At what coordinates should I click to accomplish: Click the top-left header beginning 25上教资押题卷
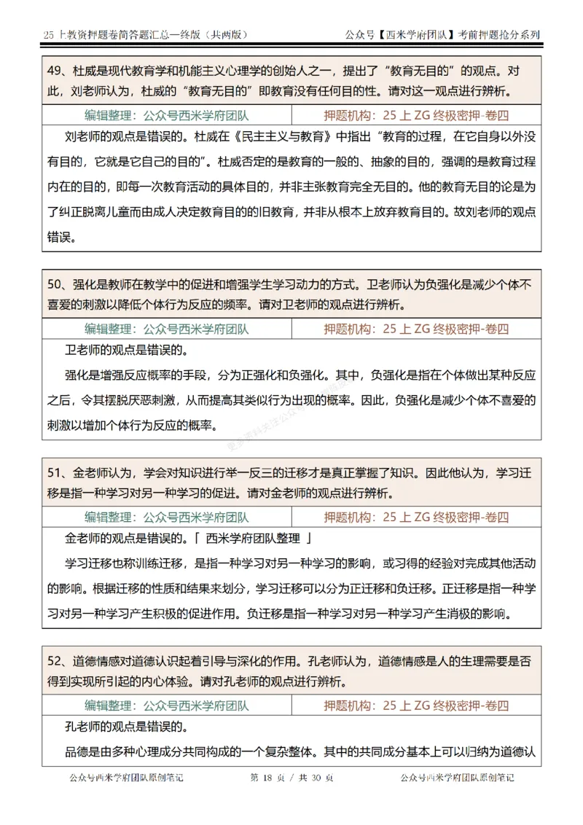[x=146, y=34]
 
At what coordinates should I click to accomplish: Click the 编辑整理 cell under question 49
[x=167, y=115]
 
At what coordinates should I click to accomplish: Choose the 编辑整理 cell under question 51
[x=167, y=517]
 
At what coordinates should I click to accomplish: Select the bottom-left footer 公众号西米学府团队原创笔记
[x=125, y=778]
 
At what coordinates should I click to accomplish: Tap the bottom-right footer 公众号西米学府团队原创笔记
[x=457, y=778]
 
